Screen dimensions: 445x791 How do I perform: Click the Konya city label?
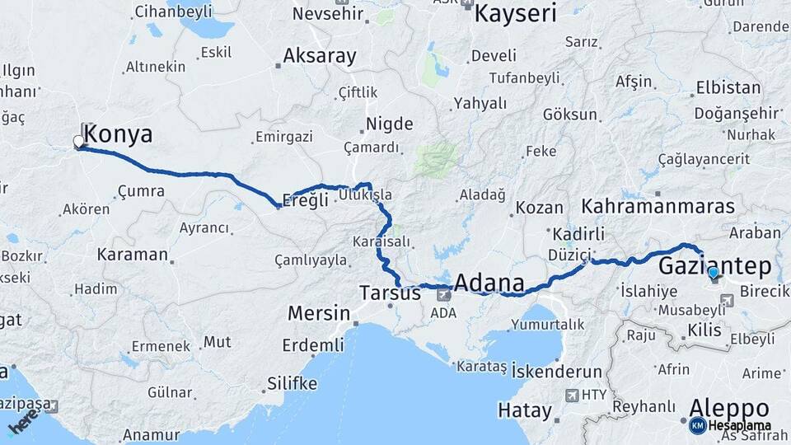tap(119, 134)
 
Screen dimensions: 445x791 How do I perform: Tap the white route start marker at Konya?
tap(80, 142)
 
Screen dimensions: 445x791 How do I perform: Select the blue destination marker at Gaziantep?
tap(714, 272)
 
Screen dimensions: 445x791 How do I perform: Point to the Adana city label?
tap(489, 283)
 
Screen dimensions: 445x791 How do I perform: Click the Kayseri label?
tap(516, 13)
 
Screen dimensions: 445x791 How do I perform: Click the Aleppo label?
tap(729, 408)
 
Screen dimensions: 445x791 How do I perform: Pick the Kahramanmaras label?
tap(658, 206)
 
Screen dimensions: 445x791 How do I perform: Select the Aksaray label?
tap(320, 56)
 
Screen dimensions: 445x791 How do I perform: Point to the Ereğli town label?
tap(305, 200)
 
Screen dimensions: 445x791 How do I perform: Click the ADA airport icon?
tap(444, 293)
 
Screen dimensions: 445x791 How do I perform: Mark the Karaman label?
tap(132, 254)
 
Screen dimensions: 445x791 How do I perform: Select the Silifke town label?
tap(292, 383)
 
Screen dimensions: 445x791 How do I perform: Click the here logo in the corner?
tap(22, 423)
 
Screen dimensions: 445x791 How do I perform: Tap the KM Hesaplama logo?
tap(730, 425)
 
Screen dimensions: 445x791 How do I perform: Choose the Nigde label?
tap(390, 124)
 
